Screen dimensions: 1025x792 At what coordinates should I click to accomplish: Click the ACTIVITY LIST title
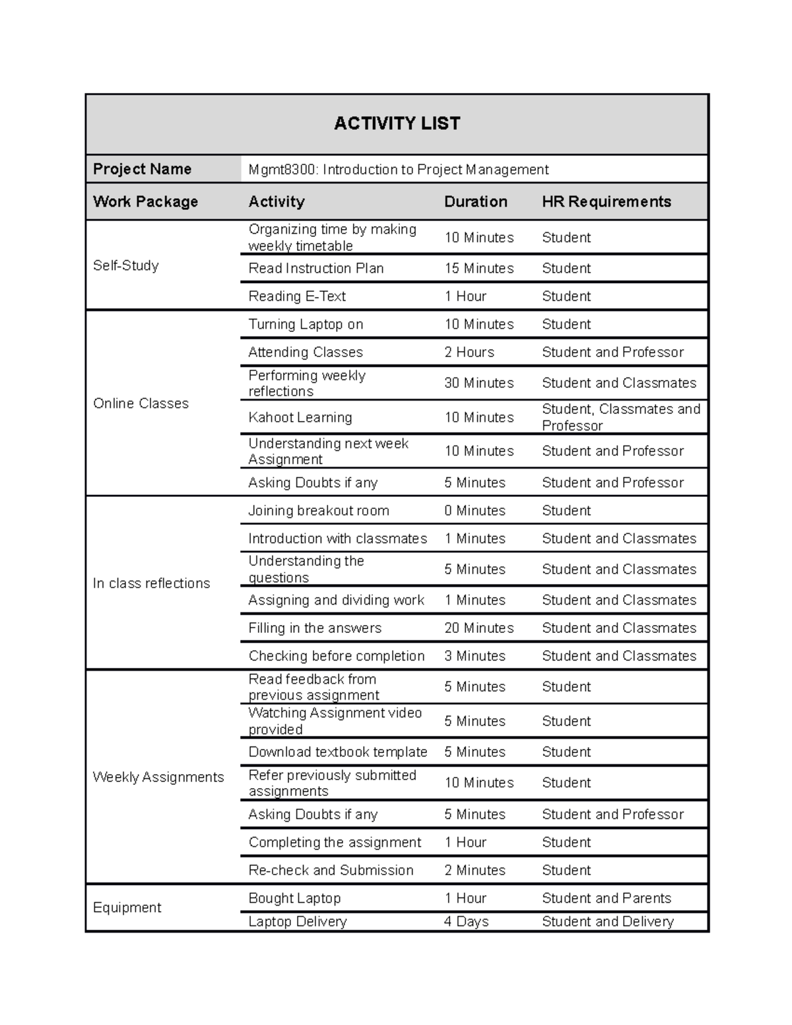[397, 123]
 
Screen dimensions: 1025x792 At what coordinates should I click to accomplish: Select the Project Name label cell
[142, 169]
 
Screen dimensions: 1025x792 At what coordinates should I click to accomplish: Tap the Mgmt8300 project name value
[398, 170]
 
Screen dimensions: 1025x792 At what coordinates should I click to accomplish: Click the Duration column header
[475, 201]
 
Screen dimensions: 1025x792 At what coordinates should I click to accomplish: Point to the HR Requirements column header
[606, 201]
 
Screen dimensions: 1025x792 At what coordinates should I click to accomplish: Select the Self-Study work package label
[125, 265]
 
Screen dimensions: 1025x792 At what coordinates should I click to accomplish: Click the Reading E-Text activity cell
[296, 296]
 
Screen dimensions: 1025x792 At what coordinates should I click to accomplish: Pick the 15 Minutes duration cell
[478, 268]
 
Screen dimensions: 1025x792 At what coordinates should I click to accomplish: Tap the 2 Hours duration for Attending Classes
[469, 352]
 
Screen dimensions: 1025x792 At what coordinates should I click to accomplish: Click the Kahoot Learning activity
[300, 417]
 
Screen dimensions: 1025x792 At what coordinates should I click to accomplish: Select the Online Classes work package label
[141, 403]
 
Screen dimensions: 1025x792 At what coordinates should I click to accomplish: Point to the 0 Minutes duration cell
[475, 510]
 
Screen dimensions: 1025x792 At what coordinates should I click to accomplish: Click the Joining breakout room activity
[318, 510]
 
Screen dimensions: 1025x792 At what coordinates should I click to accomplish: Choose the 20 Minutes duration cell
[478, 628]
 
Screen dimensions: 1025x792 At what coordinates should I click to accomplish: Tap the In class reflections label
[151, 583]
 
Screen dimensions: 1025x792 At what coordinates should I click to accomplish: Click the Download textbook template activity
[337, 752]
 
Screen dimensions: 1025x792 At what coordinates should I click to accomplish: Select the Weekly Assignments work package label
[158, 777]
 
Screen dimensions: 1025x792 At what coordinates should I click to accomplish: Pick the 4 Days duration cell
[466, 921]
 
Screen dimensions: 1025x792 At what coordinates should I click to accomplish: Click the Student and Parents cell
[606, 898]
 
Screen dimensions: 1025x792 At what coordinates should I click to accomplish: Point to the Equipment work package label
[127, 908]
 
